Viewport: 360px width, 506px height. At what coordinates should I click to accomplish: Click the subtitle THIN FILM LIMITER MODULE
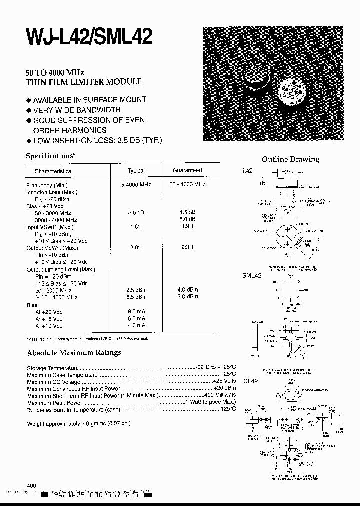pos(83,81)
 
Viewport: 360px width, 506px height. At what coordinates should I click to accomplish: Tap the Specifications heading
pos(50,156)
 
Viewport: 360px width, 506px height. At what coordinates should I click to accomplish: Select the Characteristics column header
pos(53,171)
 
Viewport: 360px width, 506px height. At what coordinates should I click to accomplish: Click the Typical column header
pos(136,171)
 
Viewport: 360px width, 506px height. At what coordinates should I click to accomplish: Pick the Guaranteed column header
pos(187,170)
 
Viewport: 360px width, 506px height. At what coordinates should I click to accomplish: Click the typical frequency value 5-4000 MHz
pos(136,185)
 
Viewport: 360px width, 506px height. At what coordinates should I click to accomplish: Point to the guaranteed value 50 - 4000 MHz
pos(187,185)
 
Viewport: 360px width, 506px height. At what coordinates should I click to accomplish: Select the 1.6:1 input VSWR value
pos(136,227)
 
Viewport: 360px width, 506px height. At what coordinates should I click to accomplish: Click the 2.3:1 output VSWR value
pos(187,248)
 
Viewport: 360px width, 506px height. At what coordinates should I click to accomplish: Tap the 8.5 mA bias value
pos(136,311)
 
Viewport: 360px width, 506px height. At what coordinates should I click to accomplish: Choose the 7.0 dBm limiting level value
pos(187,297)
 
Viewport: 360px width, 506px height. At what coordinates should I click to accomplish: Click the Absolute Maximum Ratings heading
pos(73,352)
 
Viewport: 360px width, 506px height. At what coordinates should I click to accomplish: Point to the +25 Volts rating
pos(224,382)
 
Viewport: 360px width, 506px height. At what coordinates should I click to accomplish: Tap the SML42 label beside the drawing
pos(252,275)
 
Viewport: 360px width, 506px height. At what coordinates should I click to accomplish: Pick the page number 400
pos(31,485)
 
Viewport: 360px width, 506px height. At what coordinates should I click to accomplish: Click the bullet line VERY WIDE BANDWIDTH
pos(77,110)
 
